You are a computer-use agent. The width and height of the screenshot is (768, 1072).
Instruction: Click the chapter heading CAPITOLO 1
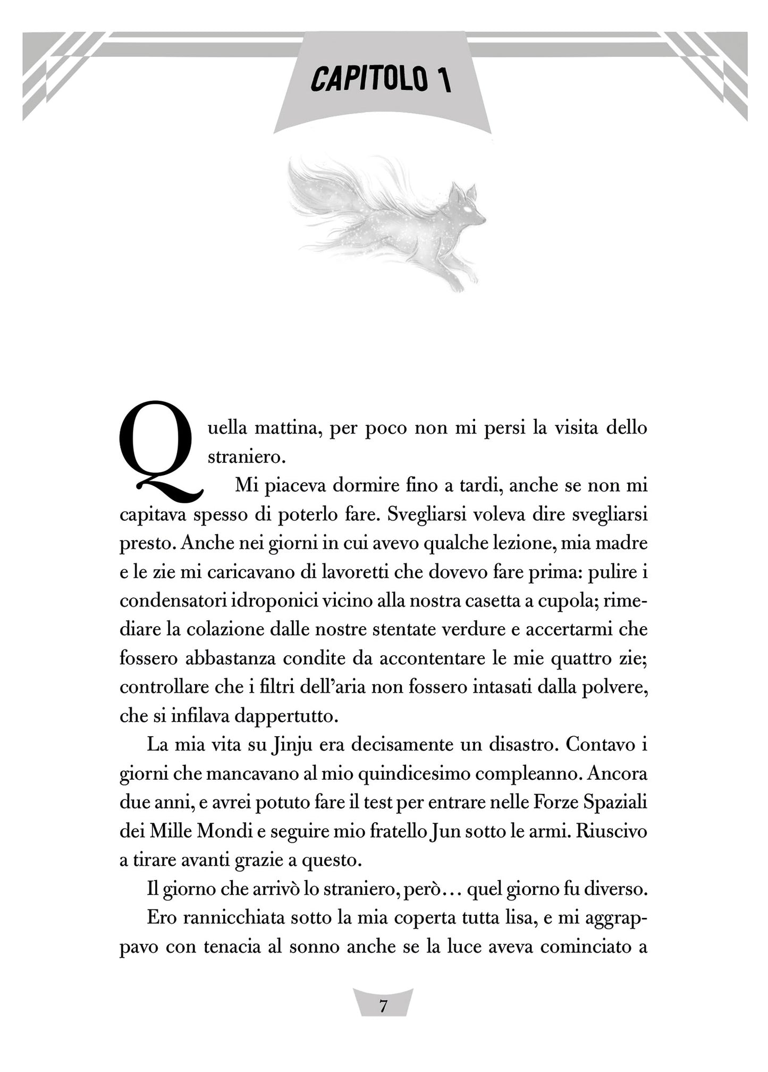(381, 79)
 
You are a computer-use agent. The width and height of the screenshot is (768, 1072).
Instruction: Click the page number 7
(383, 1007)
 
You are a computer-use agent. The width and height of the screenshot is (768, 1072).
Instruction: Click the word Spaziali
(615, 802)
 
